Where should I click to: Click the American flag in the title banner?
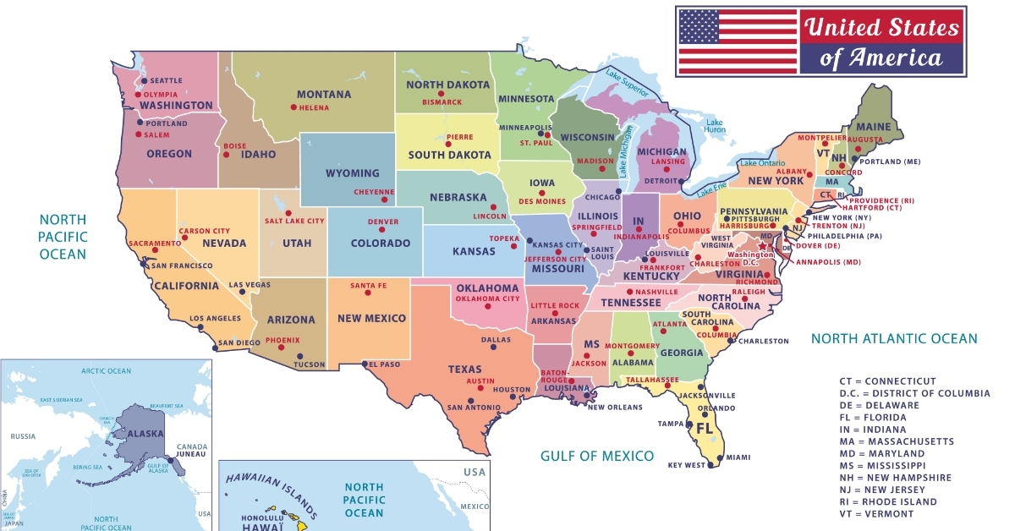(738, 42)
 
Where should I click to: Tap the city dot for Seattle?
(141, 81)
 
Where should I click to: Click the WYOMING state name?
(353, 173)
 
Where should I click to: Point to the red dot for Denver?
(382, 232)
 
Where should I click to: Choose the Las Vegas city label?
(250, 285)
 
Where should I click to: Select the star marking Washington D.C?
(762, 245)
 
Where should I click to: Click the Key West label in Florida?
(686, 465)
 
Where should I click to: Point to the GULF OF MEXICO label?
(597, 457)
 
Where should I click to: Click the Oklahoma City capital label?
(488, 298)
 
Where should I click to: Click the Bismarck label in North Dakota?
(443, 102)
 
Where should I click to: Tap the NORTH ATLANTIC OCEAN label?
(894, 339)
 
